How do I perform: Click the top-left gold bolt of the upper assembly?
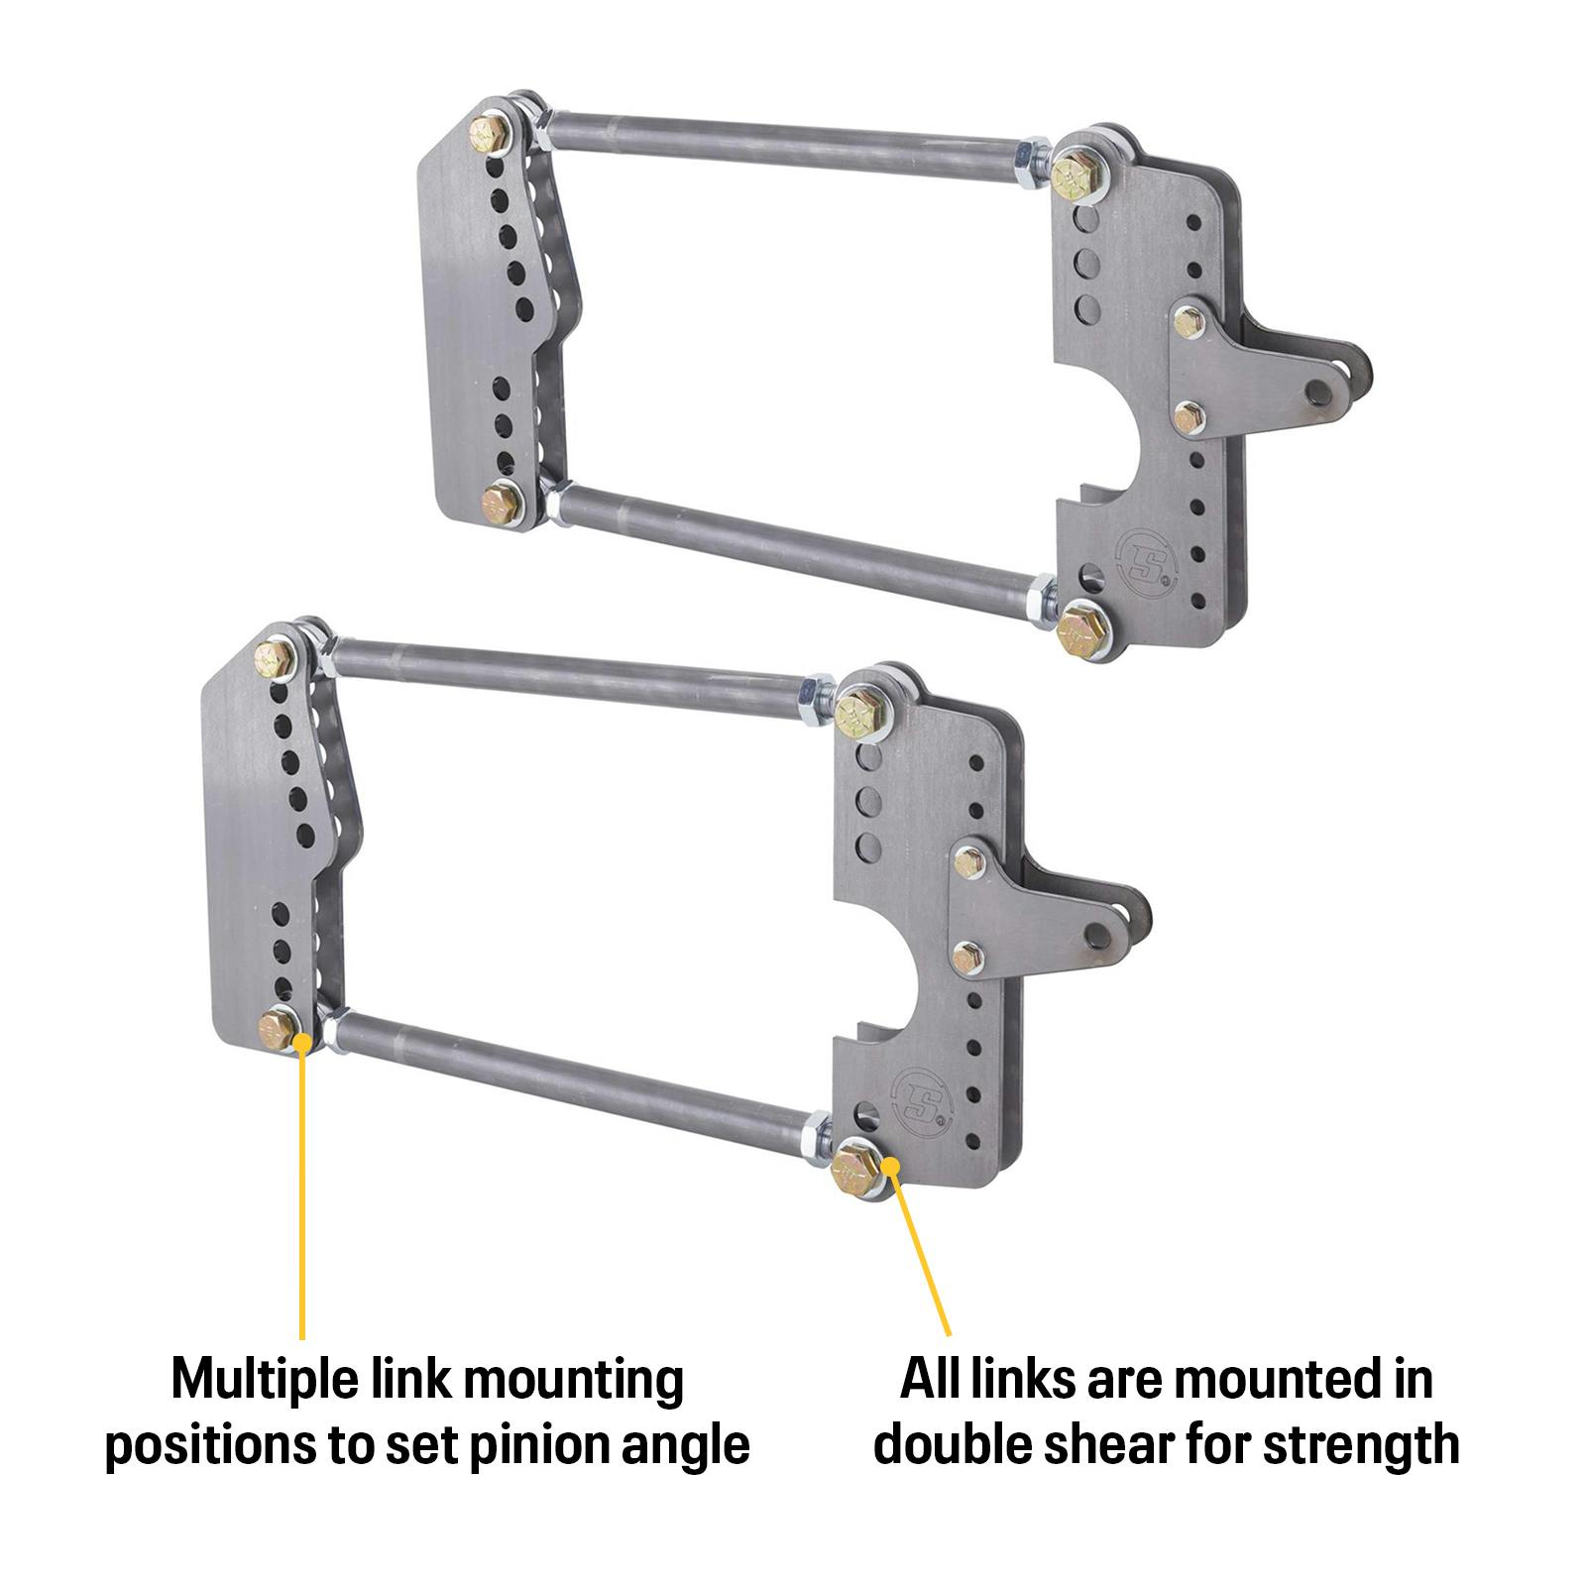pos(490,132)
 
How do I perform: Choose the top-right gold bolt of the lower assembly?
pos(854,712)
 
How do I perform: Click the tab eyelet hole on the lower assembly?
pos(1099,930)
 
